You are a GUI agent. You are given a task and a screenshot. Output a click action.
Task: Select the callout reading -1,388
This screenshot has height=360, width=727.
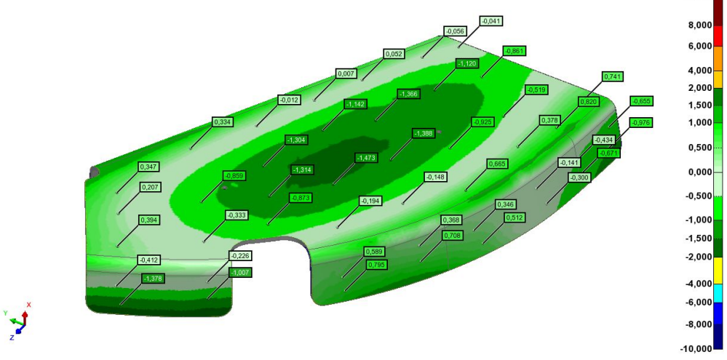(x=424, y=133)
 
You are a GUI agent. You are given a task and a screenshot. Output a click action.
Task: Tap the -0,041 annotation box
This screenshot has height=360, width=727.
(x=492, y=21)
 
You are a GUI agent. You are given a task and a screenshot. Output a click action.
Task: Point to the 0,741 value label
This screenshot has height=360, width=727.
(x=613, y=76)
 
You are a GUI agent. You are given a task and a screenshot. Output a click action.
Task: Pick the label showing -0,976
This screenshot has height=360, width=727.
(x=641, y=123)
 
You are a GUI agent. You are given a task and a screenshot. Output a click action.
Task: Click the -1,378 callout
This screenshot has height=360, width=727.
(x=153, y=279)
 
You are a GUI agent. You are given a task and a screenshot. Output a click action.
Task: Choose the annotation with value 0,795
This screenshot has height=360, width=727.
(x=376, y=265)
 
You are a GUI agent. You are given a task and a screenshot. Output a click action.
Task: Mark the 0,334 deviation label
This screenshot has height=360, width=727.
(x=222, y=121)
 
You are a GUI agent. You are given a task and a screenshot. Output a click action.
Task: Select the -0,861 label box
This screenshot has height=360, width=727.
(x=514, y=50)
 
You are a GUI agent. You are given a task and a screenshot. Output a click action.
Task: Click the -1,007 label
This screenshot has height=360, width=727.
(x=240, y=272)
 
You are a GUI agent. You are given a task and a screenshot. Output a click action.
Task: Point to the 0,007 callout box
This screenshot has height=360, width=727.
(x=346, y=73)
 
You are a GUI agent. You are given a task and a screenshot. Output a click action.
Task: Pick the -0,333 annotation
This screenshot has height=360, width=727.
(x=236, y=215)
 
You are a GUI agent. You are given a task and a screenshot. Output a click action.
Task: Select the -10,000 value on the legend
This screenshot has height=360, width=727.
(x=696, y=348)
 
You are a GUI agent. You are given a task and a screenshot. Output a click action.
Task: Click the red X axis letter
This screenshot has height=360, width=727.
(x=29, y=305)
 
